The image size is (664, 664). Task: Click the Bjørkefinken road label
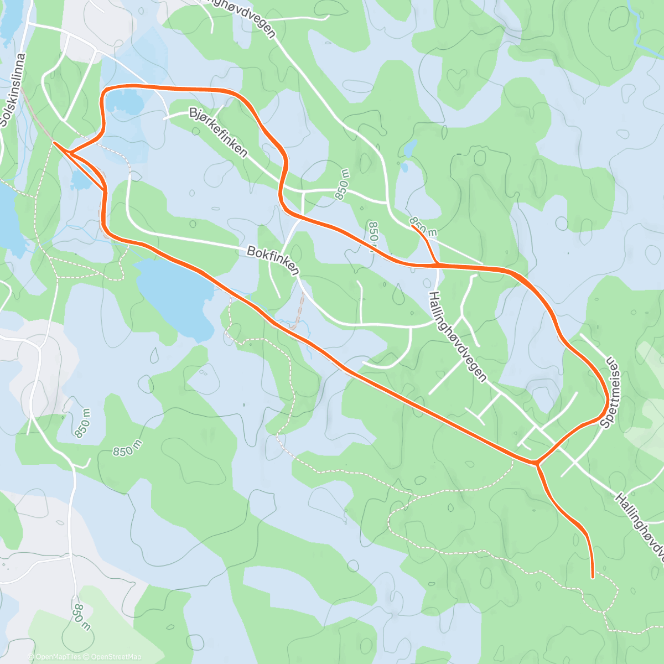218,132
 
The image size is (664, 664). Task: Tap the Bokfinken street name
273,261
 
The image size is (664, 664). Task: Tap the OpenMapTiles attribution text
58,657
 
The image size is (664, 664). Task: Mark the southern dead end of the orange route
593,577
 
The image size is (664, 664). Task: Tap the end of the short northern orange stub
412,225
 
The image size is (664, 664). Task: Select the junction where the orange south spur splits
536,463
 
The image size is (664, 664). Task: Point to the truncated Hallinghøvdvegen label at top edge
241,17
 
